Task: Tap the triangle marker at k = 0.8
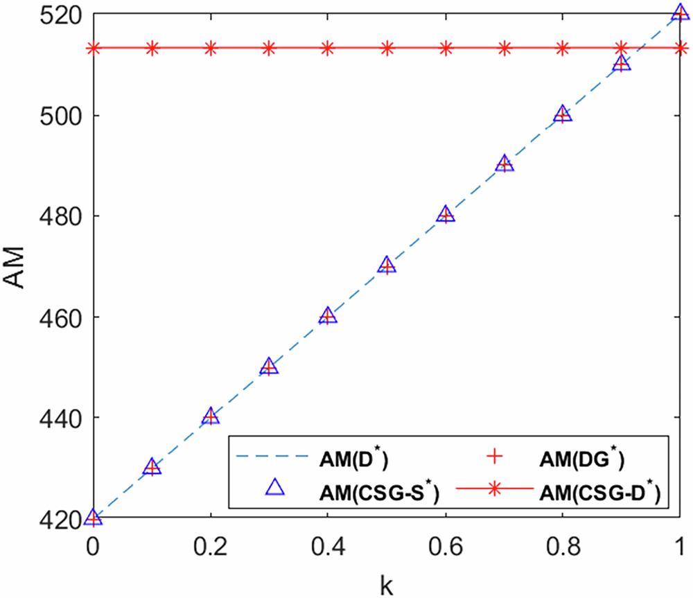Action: tap(563, 114)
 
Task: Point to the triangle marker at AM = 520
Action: tap(681, 14)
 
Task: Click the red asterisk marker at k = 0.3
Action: tap(270, 49)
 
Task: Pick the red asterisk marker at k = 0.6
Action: tap(446, 49)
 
